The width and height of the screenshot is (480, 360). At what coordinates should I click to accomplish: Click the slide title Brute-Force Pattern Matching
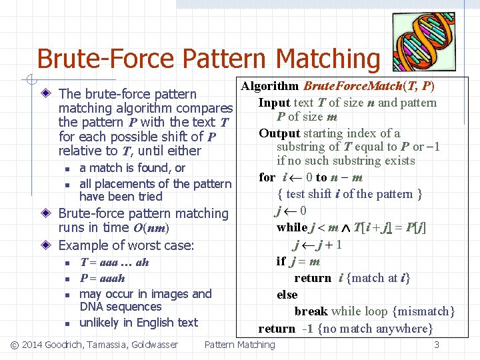tap(208, 59)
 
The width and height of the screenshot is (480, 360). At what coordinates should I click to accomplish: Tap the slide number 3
tap(437, 345)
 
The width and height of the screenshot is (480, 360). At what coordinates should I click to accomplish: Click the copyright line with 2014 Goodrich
tap(95, 345)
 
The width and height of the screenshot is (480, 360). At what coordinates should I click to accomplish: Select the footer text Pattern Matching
tap(239, 345)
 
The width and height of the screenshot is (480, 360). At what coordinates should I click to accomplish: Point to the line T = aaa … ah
tap(114, 262)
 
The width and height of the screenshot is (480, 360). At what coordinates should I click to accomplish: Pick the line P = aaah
tap(102, 278)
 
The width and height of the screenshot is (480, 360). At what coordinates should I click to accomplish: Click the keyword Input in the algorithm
tap(274, 103)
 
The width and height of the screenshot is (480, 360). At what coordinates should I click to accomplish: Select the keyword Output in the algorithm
tap(279, 133)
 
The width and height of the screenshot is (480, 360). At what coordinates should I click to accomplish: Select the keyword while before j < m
tap(292, 228)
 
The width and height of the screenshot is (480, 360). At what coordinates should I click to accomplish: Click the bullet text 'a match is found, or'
tap(132, 168)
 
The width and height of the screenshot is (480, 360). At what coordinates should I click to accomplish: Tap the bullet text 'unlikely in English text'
tap(139, 323)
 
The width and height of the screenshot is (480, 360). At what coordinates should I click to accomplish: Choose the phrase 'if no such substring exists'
tap(345, 161)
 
